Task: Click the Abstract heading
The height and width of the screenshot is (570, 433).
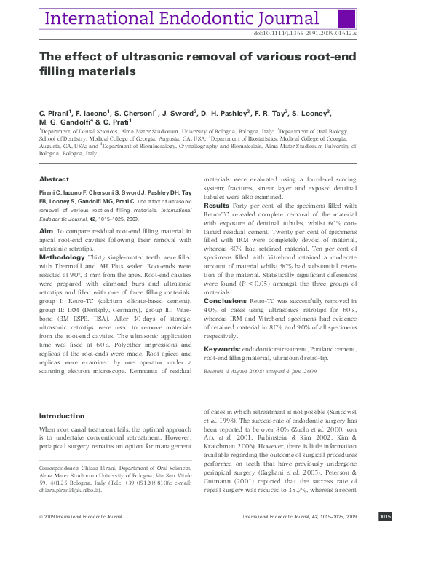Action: click(54, 179)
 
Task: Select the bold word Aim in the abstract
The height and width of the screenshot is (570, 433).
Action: click(45, 230)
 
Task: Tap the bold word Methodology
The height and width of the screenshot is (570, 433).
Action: click(62, 257)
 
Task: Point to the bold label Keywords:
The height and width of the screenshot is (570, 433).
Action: click(223, 350)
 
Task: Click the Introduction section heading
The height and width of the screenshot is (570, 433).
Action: click(61, 416)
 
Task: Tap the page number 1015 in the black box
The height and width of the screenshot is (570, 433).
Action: click(385, 558)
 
